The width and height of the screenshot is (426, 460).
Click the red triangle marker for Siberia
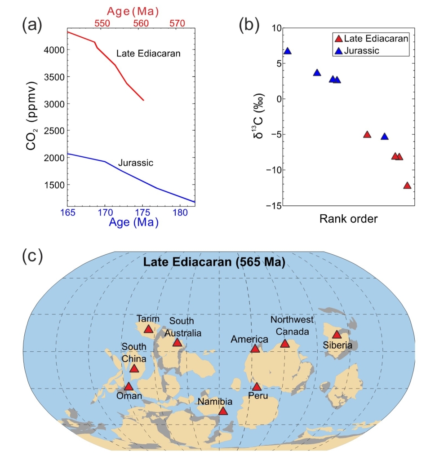(336, 335)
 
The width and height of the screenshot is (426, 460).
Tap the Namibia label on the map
(217, 402)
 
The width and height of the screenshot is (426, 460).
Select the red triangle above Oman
(129, 387)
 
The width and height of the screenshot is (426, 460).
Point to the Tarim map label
(148, 319)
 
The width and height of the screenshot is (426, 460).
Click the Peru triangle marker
(257, 387)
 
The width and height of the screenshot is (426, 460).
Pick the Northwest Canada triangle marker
(284, 344)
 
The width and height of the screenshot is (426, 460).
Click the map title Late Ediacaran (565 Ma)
(214, 262)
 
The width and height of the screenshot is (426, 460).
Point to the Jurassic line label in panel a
(135, 163)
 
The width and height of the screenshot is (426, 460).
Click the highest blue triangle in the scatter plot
(288, 51)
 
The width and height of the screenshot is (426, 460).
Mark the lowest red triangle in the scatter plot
(407, 186)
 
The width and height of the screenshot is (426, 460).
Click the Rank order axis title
(348, 219)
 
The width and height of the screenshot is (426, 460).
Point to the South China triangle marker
(134, 369)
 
